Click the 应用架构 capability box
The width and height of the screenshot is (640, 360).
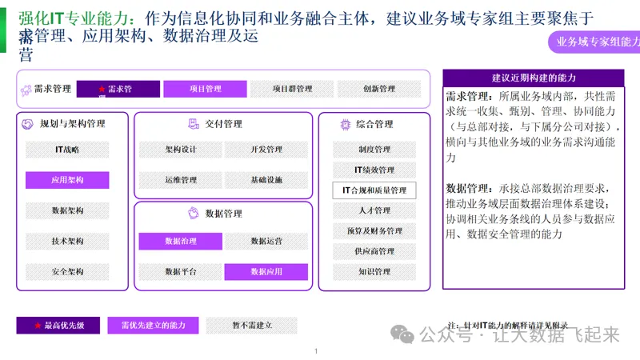coord(67,180)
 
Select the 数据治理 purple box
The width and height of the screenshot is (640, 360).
coord(180,241)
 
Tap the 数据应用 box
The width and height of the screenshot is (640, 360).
coord(266,271)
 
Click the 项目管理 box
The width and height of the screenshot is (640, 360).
coord(206,89)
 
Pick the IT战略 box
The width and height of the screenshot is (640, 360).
coord(67,150)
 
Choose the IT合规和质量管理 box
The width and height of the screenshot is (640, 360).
coord(374,190)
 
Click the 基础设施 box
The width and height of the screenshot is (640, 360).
coord(266,180)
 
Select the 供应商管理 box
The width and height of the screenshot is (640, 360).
coord(374,251)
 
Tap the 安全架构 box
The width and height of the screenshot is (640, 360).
coord(67,271)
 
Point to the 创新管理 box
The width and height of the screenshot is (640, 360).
coord(378,89)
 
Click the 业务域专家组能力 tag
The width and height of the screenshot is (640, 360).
coord(593,42)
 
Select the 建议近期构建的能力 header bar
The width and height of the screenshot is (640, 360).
coord(534,78)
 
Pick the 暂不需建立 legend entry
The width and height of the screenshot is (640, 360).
coord(251,325)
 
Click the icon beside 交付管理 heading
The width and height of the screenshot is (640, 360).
coord(193,124)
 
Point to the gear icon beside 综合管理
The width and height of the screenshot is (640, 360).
coord(346,124)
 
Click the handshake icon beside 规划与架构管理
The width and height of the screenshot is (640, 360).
coord(27,124)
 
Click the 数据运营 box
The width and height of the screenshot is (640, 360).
coord(266,241)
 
